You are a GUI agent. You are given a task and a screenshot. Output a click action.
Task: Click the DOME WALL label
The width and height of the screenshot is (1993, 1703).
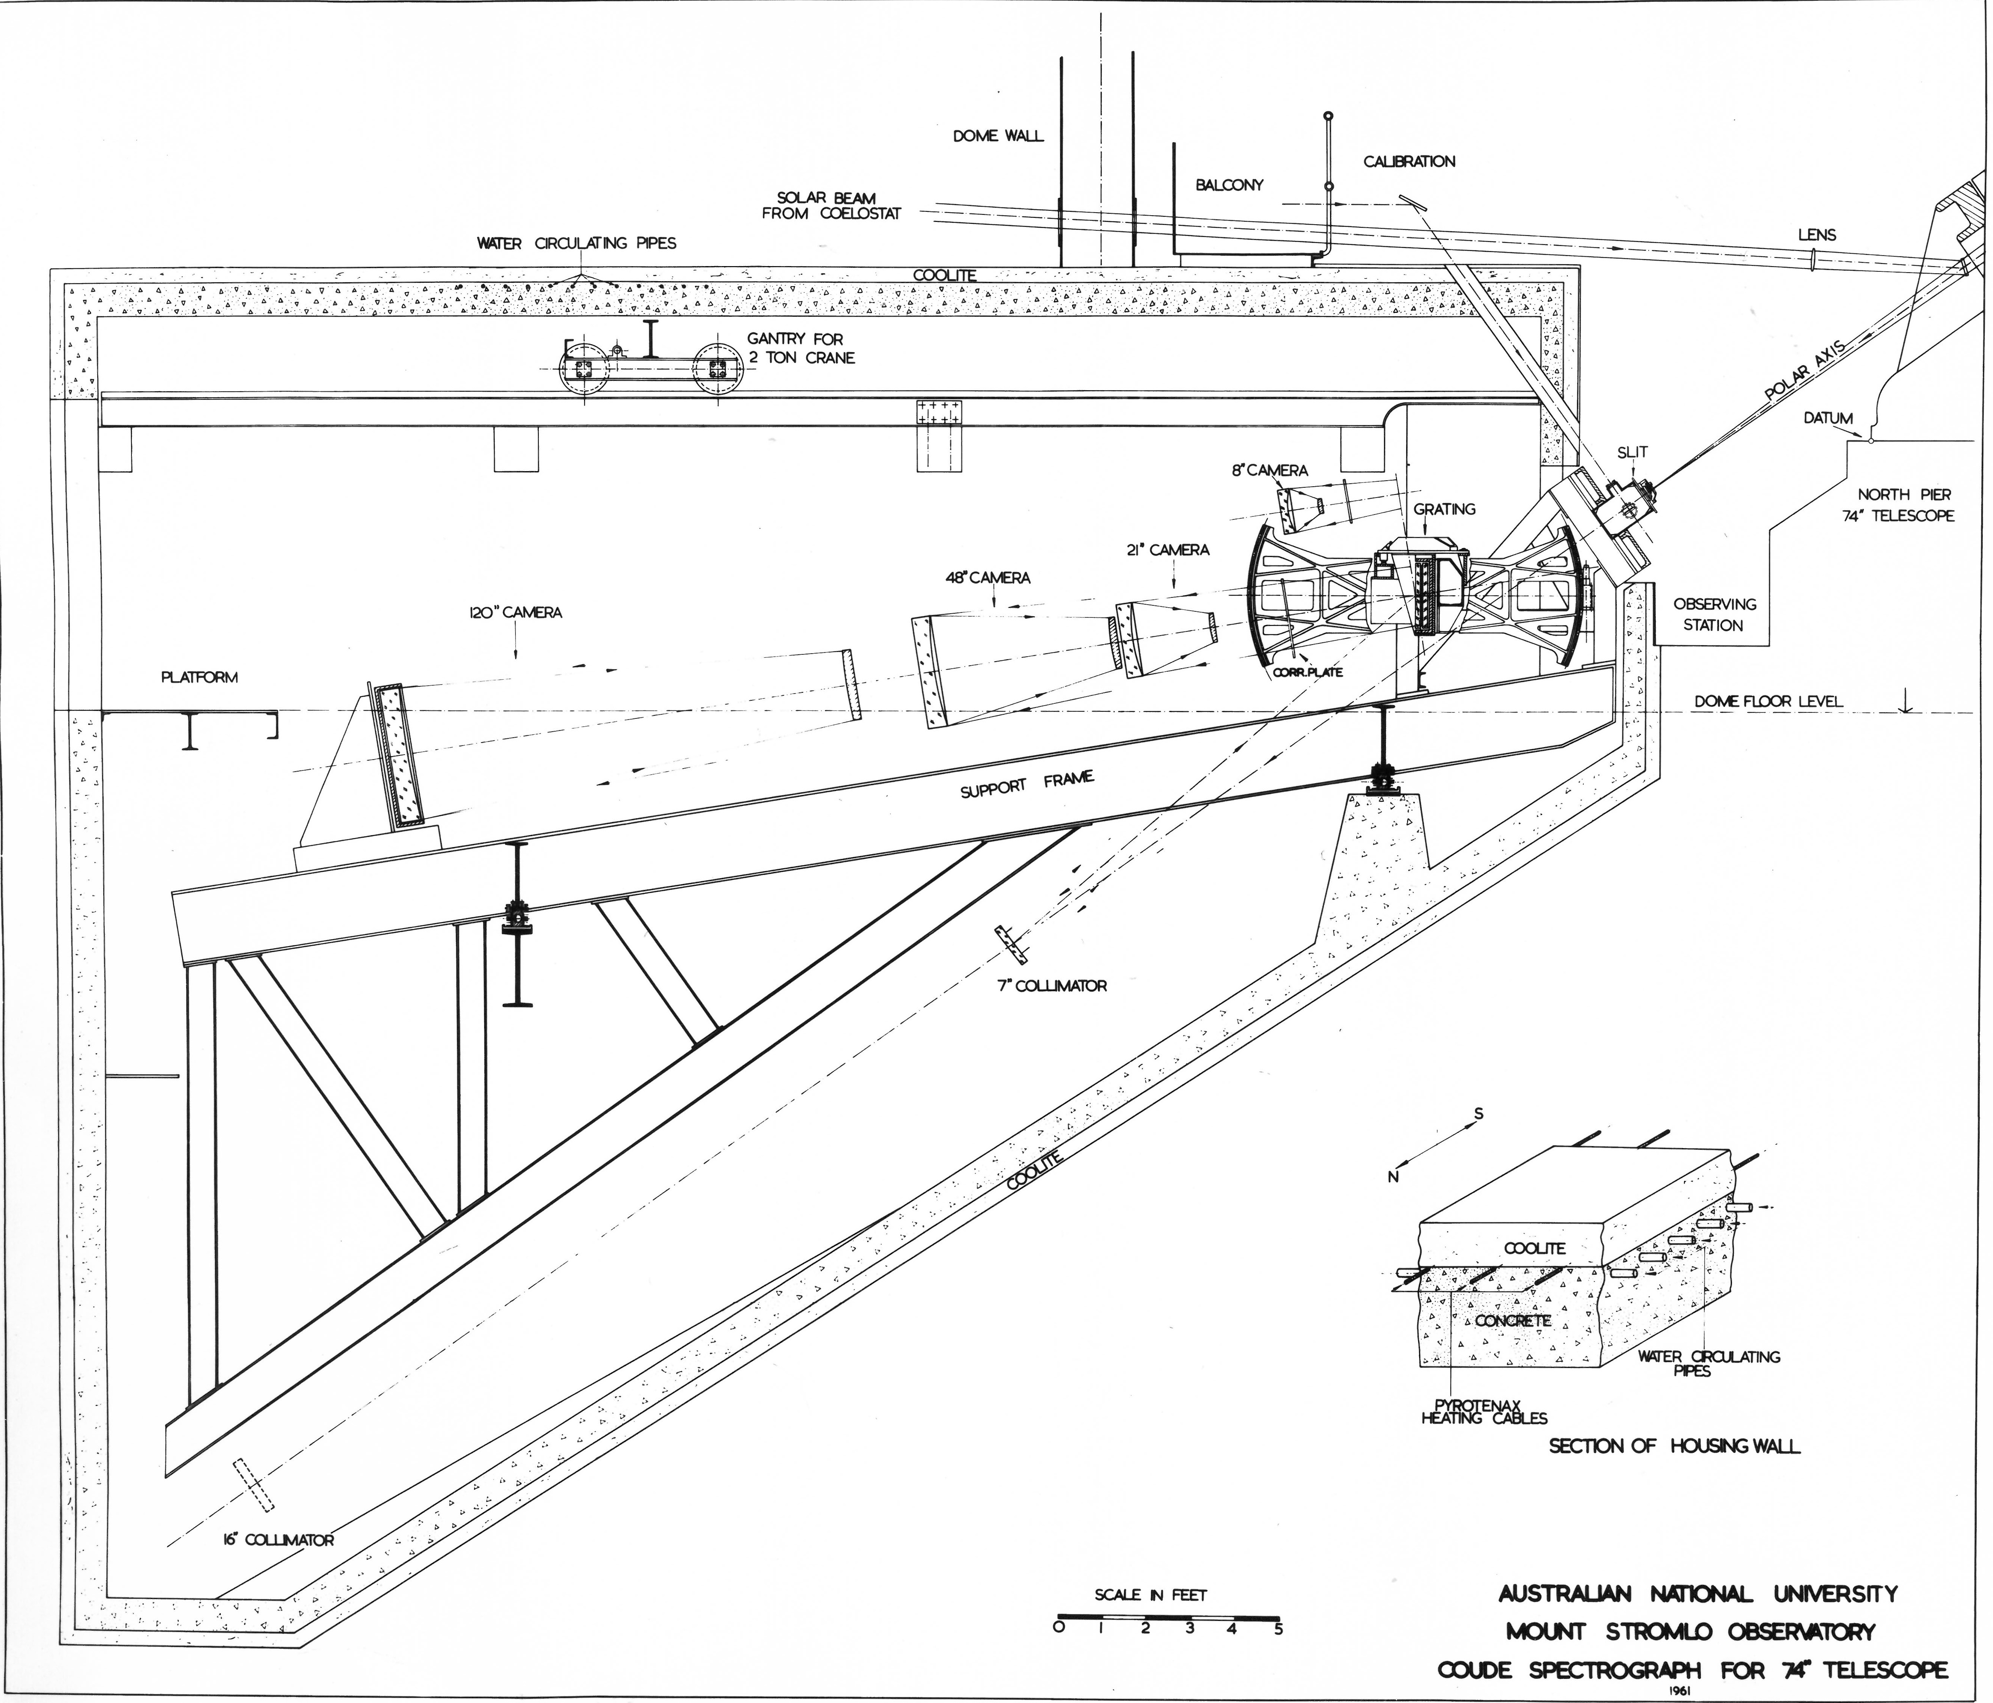pos(997,136)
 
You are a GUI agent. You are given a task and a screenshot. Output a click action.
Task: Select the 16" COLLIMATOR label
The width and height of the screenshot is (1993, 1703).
pos(272,1541)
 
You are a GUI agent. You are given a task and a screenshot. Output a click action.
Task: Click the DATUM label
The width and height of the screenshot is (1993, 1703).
pos(1828,418)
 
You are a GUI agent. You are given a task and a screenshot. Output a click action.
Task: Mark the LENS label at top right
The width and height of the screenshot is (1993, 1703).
pos(1816,235)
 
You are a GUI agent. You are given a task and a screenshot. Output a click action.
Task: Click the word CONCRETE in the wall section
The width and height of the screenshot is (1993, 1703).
pos(1512,1321)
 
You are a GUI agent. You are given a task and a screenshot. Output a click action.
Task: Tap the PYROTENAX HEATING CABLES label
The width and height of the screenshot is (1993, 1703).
pos(1483,1412)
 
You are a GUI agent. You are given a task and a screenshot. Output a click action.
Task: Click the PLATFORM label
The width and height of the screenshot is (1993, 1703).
pos(199,677)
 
